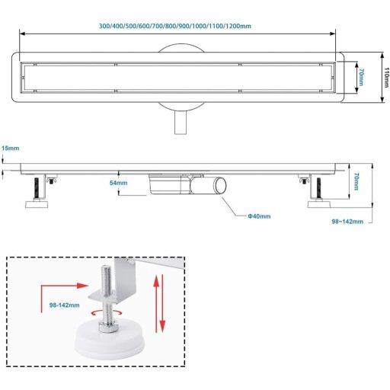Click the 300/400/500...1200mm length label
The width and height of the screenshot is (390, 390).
pyautogui.click(x=175, y=26)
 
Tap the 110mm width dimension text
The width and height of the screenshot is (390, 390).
pyautogui.click(x=386, y=77)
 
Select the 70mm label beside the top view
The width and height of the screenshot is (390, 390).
pyautogui.click(x=361, y=77)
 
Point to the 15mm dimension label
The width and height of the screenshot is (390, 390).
pyautogui.click(x=11, y=148)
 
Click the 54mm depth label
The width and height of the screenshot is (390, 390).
pyautogui.click(x=118, y=183)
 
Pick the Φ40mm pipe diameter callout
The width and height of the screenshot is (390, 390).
pyautogui.click(x=259, y=216)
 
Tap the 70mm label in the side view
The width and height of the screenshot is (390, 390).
pyautogui.click(x=356, y=181)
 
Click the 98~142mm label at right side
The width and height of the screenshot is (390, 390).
pyautogui.click(x=347, y=222)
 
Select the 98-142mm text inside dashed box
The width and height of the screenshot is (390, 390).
pyautogui.click(x=64, y=305)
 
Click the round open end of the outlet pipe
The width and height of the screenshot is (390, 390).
pyautogui.click(x=220, y=185)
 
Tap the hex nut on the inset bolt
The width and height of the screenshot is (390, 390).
pyautogui.click(x=107, y=327)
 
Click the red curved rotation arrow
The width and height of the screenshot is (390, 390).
pyautogui.click(x=107, y=313)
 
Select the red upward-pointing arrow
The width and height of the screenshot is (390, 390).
pyautogui.click(x=156, y=304)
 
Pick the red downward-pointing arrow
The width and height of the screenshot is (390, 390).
pyautogui.click(x=162, y=304)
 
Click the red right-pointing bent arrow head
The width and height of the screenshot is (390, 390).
pyautogui.click(x=82, y=286)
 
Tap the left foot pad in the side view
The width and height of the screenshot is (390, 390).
pyautogui.click(x=37, y=204)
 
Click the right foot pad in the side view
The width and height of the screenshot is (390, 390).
pyautogui.click(x=319, y=204)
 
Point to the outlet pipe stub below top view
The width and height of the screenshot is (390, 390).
pyautogui.click(x=181, y=123)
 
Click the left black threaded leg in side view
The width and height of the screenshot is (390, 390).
pyautogui.click(x=37, y=188)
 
